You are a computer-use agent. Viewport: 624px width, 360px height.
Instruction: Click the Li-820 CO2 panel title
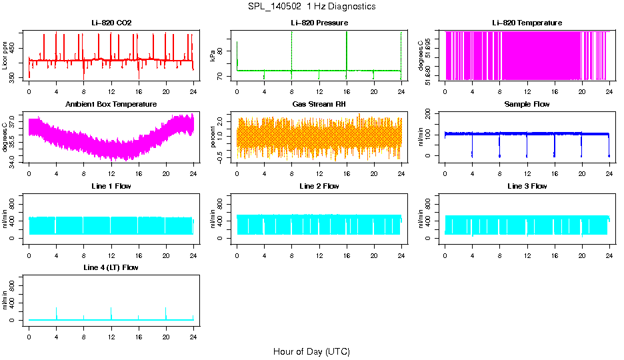pos(111,23)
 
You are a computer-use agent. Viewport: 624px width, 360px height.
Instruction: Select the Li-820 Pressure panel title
pos(319,23)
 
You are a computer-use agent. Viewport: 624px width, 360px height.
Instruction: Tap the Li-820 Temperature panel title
pos(527,23)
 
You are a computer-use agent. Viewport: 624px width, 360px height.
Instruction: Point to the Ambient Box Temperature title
pos(111,105)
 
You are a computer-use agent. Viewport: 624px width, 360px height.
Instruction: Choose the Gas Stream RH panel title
pos(319,105)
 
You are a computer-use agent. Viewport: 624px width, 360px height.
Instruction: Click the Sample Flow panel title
pos(527,105)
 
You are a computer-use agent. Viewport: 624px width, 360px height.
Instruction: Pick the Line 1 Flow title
pos(111,186)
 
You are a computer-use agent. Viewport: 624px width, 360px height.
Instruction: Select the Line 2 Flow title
pos(319,186)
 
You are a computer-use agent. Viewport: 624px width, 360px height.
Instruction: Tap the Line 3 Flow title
pos(527,186)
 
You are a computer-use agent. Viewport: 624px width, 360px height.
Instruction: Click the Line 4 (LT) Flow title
pos(111,267)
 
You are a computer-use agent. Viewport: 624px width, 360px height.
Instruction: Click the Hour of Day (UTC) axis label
pos(311,351)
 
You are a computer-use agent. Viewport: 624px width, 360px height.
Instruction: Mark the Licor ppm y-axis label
pos(5,56)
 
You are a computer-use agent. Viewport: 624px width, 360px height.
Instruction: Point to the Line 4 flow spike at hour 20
pos(166,311)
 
